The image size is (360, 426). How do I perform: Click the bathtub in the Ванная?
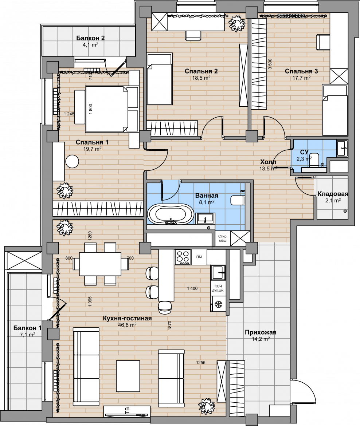171,214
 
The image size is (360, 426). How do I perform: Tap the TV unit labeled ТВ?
127,411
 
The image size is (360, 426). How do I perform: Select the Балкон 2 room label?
90,38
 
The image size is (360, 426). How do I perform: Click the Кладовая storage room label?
333,194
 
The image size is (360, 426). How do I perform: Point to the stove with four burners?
183,257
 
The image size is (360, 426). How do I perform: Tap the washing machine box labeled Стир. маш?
223,238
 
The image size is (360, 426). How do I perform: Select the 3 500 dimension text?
270,64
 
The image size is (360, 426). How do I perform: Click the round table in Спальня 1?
72,162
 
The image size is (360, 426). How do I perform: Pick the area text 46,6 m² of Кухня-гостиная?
127,325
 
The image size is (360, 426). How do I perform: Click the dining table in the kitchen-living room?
100,264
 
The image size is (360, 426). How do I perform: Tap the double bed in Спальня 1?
107,109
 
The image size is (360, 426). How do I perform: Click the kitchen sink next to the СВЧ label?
218,272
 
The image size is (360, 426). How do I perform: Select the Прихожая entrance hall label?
261,332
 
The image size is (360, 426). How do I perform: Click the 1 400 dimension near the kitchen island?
192,288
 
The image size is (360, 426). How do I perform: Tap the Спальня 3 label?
301,71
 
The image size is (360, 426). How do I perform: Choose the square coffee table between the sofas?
128,376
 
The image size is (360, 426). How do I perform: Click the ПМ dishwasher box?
199,257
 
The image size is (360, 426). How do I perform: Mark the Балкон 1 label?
27,328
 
